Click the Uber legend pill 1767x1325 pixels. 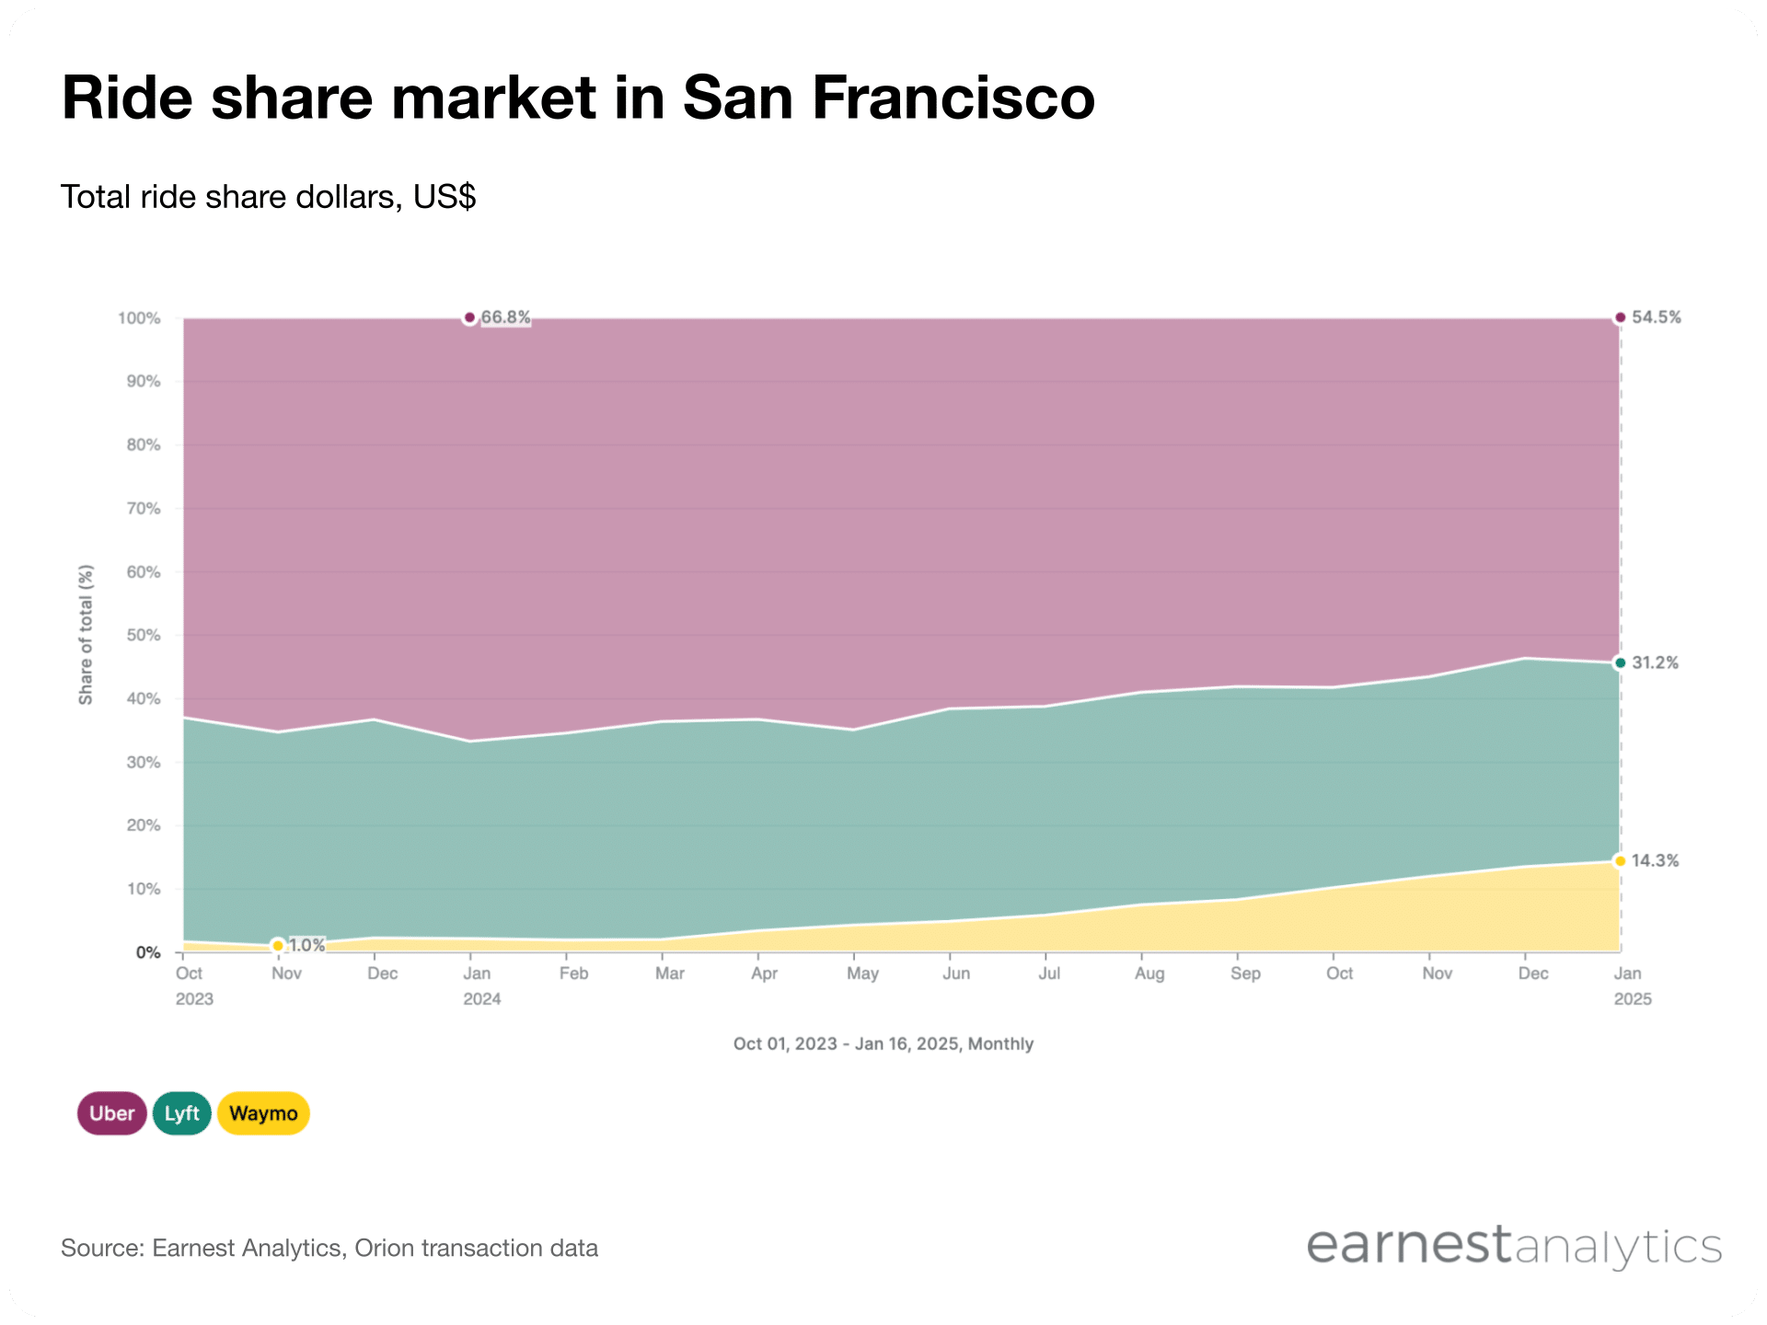click(x=111, y=1113)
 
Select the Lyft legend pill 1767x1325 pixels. click(x=181, y=1113)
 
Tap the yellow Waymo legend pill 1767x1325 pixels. click(x=263, y=1113)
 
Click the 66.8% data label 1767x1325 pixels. click(x=505, y=317)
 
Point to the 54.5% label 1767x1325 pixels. click(x=1656, y=317)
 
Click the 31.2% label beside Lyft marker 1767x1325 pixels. click(x=1655, y=662)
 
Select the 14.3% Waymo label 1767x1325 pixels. click(x=1655, y=861)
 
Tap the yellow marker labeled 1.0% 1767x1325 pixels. click(x=278, y=946)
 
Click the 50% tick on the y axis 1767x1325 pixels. click(x=143, y=635)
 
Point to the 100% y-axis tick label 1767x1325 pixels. click(x=139, y=318)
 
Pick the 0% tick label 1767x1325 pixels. click(x=148, y=952)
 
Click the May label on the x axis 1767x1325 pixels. click(x=862, y=974)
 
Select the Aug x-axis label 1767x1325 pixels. click(x=1149, y=974)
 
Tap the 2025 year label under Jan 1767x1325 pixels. click(x=1633, y=999)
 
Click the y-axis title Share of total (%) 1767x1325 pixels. click(x=86, y=635)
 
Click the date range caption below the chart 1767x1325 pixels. click(x=883, y=1044)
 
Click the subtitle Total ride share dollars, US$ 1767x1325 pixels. click(x=268, y=197)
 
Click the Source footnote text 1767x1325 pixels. click(x=329, y=1249)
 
